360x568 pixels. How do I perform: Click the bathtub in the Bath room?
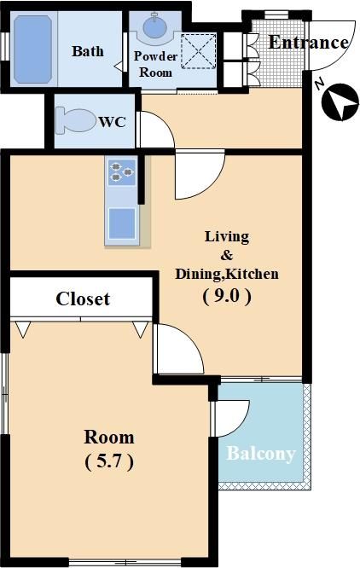32,49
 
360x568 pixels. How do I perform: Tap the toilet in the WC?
75,120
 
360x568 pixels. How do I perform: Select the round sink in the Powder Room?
155,26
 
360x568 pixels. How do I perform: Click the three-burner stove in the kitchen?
122,171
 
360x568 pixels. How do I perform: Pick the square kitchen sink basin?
122,223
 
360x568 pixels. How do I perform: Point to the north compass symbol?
340,102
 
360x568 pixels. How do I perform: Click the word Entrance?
308,43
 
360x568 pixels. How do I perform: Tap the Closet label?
83,298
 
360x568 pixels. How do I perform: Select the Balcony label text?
261,454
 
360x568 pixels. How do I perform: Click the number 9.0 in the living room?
227,296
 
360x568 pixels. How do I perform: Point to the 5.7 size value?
109,461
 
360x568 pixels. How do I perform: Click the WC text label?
113,122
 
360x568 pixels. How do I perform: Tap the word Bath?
88,51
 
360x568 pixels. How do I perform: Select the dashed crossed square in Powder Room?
199,50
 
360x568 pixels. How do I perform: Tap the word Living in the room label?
227,237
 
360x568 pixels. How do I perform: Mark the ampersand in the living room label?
227,255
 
